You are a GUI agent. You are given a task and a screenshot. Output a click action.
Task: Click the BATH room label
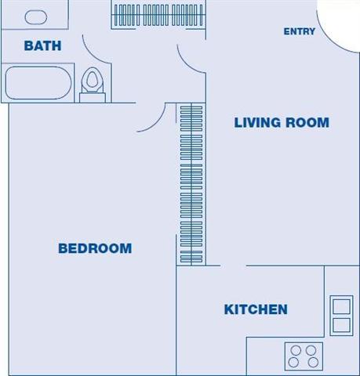click(42, 46)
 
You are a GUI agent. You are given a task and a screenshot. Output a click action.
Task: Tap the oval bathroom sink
click(36, 16)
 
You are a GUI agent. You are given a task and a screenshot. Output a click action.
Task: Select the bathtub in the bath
click(38, 83)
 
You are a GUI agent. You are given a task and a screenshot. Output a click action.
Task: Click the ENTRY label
click(300, 32)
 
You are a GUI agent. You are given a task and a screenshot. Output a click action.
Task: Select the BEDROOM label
click(95, 248)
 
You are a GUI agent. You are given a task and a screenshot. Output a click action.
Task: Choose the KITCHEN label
click(256, 309)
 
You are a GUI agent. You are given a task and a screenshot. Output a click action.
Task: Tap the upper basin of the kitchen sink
click(340, 305)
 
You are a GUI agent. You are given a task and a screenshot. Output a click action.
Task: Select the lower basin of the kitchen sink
click(340, 325)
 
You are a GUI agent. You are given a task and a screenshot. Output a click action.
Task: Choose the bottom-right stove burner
click(311, 363)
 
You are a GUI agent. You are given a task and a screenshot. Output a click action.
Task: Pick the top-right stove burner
click(311, 350)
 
